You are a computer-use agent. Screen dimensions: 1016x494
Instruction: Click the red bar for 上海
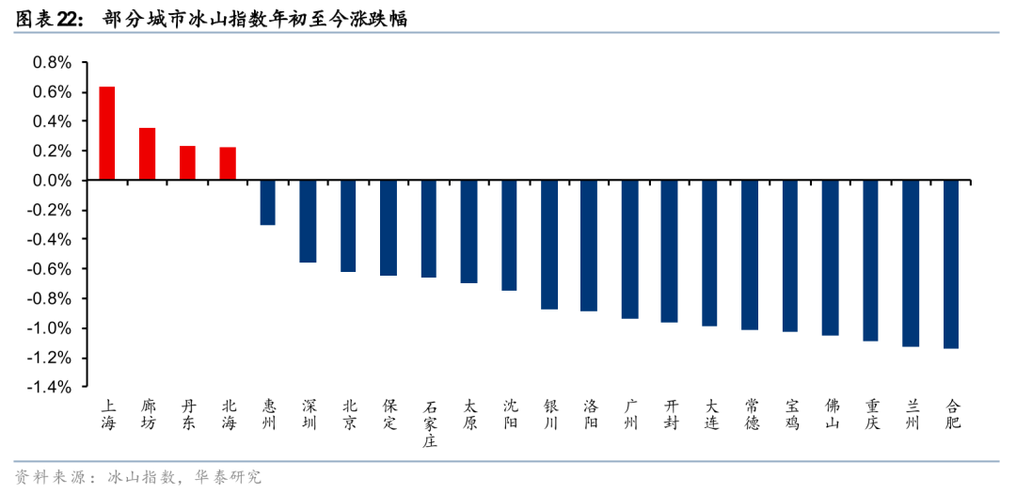click(107, 133)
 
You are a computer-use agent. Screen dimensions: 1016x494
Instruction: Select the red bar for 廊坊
click(147, 153)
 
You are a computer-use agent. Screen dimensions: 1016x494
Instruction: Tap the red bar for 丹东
click(187, 163)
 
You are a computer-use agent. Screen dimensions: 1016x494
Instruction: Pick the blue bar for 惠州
click(267, 203)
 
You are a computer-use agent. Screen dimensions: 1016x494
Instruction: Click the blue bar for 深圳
click(308, 221)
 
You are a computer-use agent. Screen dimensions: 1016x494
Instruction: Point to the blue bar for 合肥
click(951, 264)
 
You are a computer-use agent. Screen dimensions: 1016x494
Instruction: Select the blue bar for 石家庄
click(429, 229)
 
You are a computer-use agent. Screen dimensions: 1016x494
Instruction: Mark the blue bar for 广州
click(629, 249)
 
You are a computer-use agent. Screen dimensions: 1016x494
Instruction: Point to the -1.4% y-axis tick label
click(50, 387)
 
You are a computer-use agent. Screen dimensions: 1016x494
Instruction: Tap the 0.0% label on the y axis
click(53, 181)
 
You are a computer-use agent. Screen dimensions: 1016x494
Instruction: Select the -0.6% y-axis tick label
click(50, 269)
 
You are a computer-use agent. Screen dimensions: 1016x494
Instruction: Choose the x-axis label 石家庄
click(429, 424)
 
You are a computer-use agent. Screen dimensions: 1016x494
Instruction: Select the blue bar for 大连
click(709, 253)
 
